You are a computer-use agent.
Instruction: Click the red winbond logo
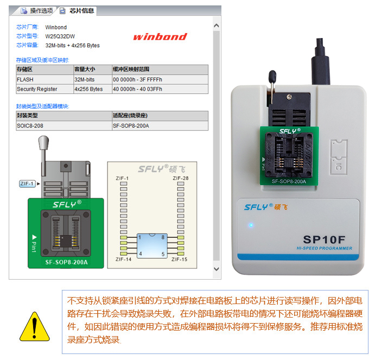[x=160, y=36]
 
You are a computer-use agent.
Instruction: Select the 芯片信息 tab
[x=77, y=11]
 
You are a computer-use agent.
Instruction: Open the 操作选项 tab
[x=37, y=11]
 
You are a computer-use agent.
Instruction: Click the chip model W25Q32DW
[x=60, y=36]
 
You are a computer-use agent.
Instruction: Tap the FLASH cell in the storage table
[x=25, y=79]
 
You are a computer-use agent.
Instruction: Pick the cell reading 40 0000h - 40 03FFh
[x=137, y=89]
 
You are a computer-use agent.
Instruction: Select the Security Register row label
[x=37, y=89]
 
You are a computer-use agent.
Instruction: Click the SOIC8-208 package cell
[x=30, y=125]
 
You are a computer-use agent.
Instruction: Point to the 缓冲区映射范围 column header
[x=131, y=70]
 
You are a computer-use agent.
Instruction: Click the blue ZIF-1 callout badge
[x=27, y=184]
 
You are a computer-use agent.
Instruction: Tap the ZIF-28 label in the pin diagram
[x=181, y=178]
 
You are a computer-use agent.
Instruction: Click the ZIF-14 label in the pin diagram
[x=123, y=259]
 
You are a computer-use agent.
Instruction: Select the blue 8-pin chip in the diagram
[x=152, y=245]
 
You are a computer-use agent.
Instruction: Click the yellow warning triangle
[x=35, y=326]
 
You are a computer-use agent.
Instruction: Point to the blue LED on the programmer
[x=251, y=225]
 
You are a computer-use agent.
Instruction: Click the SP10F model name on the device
[x=324, y=239]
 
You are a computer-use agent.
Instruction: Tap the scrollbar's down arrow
[x=217, y=269]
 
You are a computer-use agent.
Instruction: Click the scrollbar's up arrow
[x=217, y=26]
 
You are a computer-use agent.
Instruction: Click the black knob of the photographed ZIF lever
[x=272, y=76]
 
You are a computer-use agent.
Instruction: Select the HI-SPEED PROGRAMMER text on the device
[x=325, y=248]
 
